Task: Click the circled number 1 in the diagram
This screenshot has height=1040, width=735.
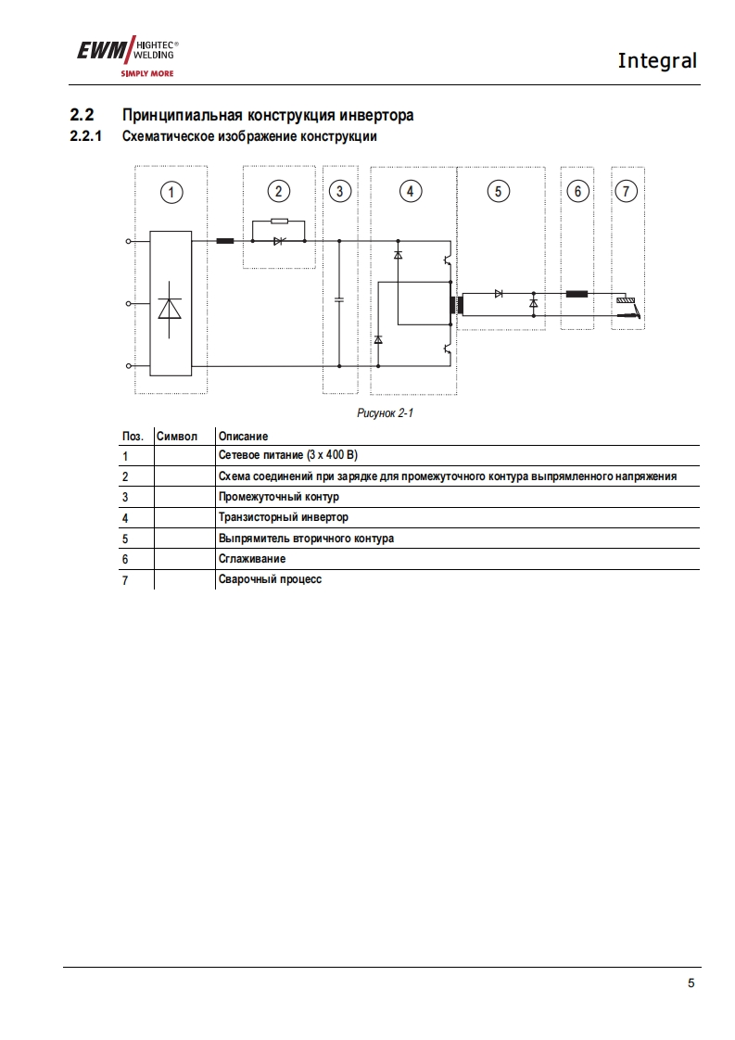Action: pyautogui.click(x=171, y=192)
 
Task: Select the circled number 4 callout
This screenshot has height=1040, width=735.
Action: pyautogui.click(x=410, y=191)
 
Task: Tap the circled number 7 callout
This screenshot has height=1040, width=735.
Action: pyautogui.click(x=627, y=191)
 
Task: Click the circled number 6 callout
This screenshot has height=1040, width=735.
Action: pyautogui.click(x=577, y=191)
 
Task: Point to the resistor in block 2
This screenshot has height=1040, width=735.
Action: pyautogui.click(x=278, y=222)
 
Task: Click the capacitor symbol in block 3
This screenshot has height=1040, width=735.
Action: pyautogui.click(x=339, y=299)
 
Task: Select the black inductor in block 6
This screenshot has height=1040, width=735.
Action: pyautogui.click(x=577, y=294)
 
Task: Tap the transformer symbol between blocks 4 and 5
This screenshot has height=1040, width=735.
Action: pyautogui.click(x=456, y=304)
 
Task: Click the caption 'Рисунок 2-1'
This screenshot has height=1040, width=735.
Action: pyautogui.click(x=385, y=413)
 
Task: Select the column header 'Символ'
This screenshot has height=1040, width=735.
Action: pyautogui.click(x=177, y=436)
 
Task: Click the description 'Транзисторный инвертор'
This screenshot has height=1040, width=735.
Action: pyautogui.click(x=284, y=517)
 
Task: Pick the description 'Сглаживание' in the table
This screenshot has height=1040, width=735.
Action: pyautogui.click(x=252, y=559)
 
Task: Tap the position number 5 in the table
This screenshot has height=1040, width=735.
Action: pyautogui.click(x=125, y=539)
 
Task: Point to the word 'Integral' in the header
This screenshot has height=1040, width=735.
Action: pyautogui.click(x=656, y=61)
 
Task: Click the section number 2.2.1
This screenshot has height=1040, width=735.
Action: pyautogui.click(x=85, y=137)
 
